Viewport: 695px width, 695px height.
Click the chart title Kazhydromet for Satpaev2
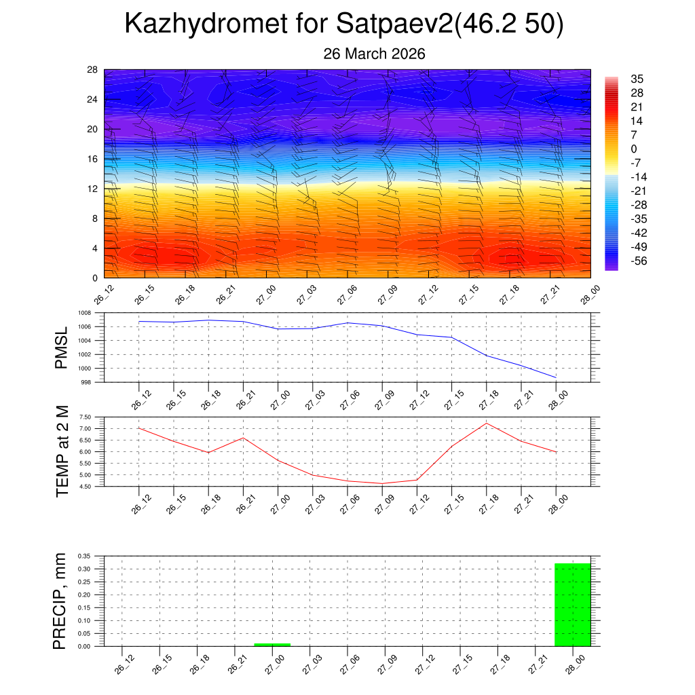(x=344, y=25)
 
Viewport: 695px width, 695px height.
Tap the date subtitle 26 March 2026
(x=374, y=54)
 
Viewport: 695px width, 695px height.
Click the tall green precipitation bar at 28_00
(x=572, y=605)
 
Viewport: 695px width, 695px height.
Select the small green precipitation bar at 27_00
(x=272, y=644)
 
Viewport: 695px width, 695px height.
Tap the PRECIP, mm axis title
(x=60, y=601)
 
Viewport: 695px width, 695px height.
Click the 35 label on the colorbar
(x=637, y=78)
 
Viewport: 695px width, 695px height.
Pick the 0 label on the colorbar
(x=634, y=149)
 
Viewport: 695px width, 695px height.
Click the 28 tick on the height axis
(x=92, y=69)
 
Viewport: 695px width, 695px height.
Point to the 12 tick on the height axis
(x=92, y=189)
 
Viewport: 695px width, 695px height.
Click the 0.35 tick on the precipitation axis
(x=84, y=556)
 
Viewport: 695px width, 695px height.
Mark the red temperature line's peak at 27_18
(x=487, y=424)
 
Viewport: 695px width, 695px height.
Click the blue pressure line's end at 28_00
(x=556, y=377)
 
